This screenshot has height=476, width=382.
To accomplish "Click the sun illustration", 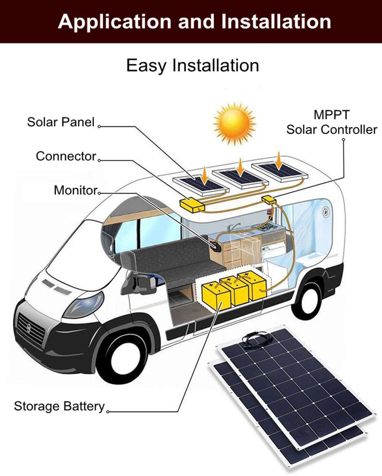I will (x=234, y=123).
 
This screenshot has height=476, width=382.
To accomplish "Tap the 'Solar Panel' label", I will (x=60, y=122).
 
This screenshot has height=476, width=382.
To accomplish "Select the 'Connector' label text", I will (x=66, y=156).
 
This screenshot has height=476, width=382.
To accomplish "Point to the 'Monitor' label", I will (x=75, y=190).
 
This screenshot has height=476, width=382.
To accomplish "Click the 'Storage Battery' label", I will (x=59, y=406).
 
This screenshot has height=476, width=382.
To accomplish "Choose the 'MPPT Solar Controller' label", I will (x=332, y=122).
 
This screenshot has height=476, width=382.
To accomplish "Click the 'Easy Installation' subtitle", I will (x=193, y=65).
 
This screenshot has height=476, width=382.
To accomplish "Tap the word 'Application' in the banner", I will (x=115, y=21).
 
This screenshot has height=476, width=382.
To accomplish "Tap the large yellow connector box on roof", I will (x=192, y=205).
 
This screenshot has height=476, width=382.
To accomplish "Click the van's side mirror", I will (x=139, y=283).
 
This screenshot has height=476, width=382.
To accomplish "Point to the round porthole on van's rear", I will (x=325, y=212).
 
